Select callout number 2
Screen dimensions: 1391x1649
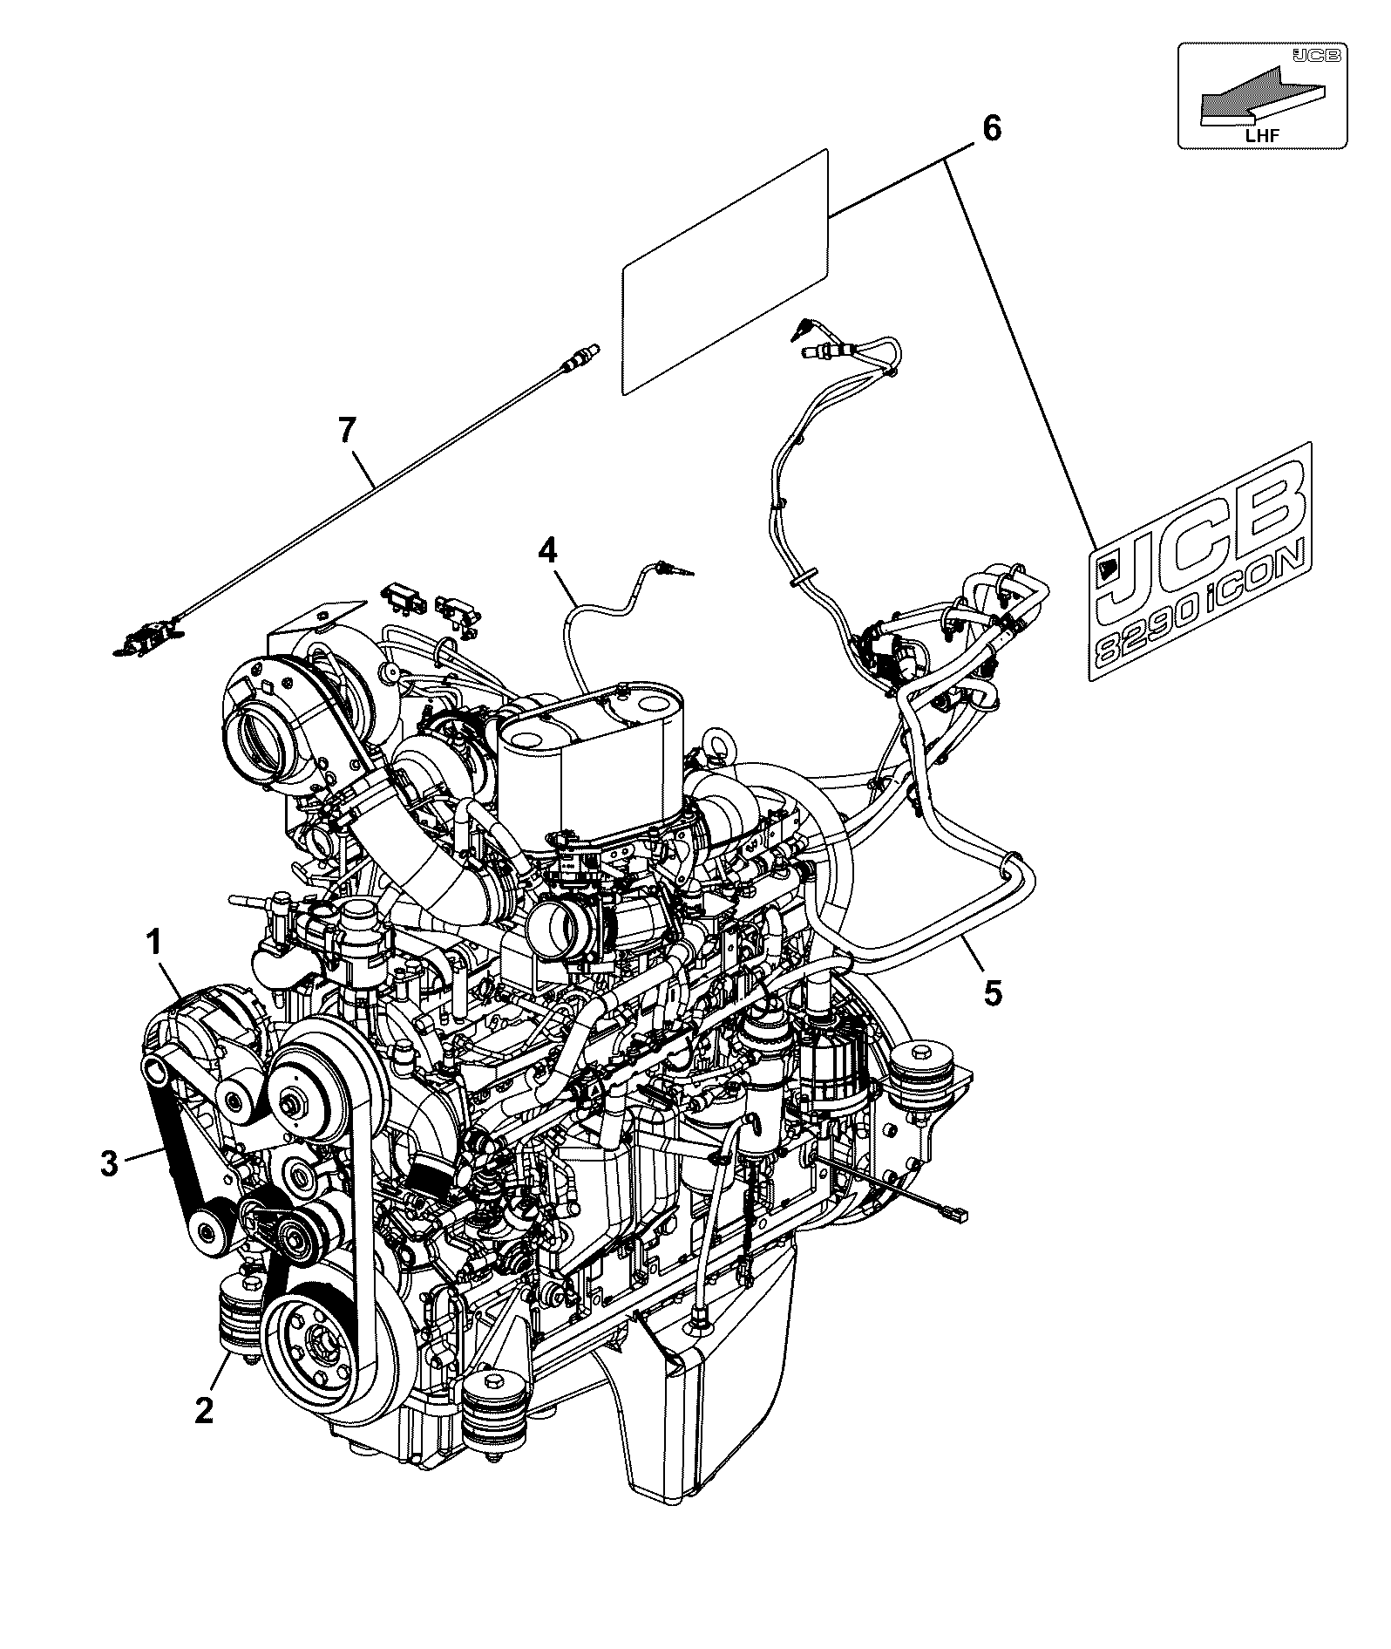pyautogui.click(x=204, y=1409)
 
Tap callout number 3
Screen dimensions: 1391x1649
pyautogui.click(x=109, y=1162)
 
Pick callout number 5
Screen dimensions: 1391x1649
pyautogui.click(x=993, y=991)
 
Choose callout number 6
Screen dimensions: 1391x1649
pyautogui.click(x=993, y=128)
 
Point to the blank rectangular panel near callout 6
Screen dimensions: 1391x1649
pyautogui.click(x=724, y=271)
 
